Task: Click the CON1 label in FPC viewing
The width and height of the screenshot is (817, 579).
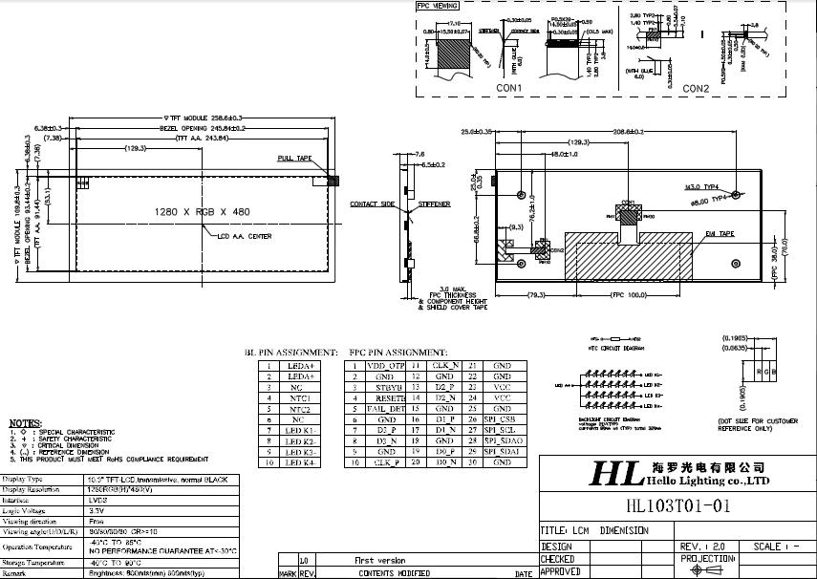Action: (508, 88)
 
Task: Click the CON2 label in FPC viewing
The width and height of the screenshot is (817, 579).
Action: (695, 89)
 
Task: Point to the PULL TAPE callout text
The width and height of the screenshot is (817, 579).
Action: (294, 158)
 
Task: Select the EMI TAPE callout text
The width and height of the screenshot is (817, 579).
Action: (719, 233)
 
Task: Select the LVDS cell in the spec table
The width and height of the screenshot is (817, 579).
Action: (101, 499)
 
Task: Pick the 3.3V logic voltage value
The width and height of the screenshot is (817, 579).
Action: (97, 511)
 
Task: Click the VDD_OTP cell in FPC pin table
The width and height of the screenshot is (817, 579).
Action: (386, 366)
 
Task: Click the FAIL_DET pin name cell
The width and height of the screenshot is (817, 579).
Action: (386, 408)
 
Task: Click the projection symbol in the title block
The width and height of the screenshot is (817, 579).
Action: (708, 569)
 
